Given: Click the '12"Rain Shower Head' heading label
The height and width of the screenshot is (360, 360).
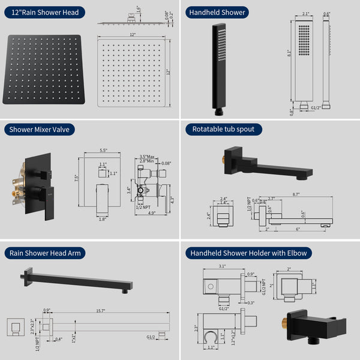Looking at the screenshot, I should (44, 12).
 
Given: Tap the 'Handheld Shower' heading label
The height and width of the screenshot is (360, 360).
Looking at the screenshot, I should (217, 12).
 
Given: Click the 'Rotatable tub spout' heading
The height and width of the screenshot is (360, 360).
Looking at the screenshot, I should (223, 129).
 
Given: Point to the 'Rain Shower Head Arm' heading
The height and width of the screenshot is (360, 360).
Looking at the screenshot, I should (45, 253).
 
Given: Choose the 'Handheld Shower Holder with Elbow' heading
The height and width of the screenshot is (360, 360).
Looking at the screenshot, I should (248, 253).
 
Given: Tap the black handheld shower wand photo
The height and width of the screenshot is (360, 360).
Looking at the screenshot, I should (220, 67).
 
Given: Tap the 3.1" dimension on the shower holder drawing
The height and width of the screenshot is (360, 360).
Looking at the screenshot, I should (221, 266).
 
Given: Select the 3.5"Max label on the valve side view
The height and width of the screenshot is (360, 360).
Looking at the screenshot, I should (147, 155).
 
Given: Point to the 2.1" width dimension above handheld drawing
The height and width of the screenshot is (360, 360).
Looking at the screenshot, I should (305, 14).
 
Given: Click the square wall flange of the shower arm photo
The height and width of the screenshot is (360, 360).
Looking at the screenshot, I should (25, 278).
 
